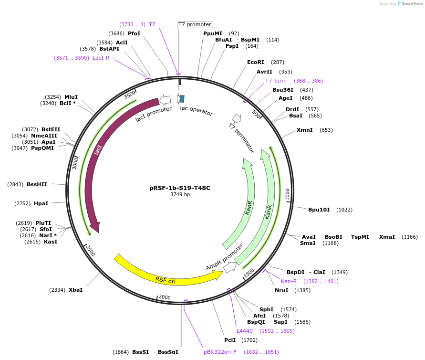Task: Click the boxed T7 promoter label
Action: click(195, 24)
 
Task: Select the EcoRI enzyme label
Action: click(256, 62)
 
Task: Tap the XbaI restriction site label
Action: click(75, 290)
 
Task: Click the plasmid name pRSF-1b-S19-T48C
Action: click(180, 188)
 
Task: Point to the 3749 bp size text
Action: click(180, 194)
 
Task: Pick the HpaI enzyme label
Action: click(41, 203)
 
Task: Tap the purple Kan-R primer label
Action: click(289, 281)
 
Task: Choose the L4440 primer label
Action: click(245, 331)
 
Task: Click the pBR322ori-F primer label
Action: click(220, 352)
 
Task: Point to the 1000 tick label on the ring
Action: click(288, 194)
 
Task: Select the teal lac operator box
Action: click(182, 99)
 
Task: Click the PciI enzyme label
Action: click(230, 340)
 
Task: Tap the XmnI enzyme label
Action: click(305, 130)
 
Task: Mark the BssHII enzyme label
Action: click(37, 184)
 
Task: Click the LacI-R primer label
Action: click(101, 58)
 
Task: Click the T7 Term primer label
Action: click(276, 81)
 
